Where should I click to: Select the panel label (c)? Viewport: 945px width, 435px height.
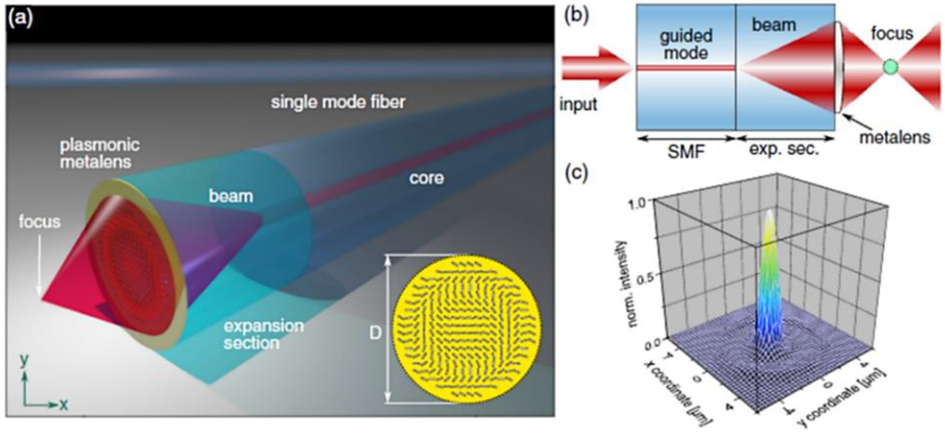[577, 173]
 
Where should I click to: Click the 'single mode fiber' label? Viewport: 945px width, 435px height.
[338, 102]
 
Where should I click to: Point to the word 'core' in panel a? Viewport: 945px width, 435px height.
[426, 178]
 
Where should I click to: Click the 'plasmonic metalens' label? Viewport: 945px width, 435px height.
[99, 153]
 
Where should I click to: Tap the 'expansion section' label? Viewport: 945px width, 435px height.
[264, 334]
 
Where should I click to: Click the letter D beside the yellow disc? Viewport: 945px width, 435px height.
[375, 333]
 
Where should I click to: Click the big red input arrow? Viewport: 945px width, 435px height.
[594, 68]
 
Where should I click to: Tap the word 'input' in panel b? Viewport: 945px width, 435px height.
[578, 104]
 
